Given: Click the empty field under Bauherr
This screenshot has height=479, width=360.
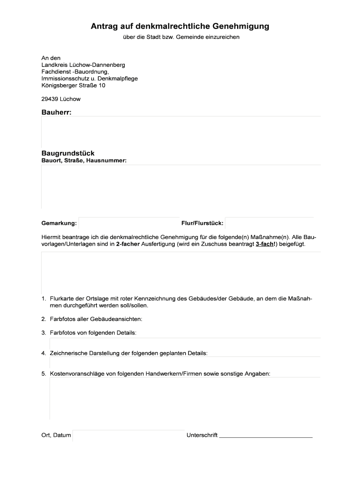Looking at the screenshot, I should point(181,132).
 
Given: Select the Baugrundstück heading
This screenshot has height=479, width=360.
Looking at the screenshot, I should point(68,153).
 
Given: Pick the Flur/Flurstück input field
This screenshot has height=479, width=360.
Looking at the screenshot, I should point(269,224).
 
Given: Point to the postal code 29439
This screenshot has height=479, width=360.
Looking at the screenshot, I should point(50,99).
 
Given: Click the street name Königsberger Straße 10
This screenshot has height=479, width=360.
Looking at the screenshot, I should point(73,85).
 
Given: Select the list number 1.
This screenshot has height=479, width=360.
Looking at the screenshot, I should point(43,298).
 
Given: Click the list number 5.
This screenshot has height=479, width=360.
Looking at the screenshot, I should point(43,374).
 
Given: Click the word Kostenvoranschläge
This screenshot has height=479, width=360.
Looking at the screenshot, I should point(78,374).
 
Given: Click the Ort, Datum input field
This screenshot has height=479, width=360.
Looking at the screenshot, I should point(129,435).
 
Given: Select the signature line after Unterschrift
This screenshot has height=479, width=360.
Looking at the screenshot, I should point(266,435).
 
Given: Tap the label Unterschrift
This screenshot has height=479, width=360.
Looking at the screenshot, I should point(202,435).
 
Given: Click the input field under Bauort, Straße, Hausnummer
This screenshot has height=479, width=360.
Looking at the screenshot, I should point(181,186).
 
